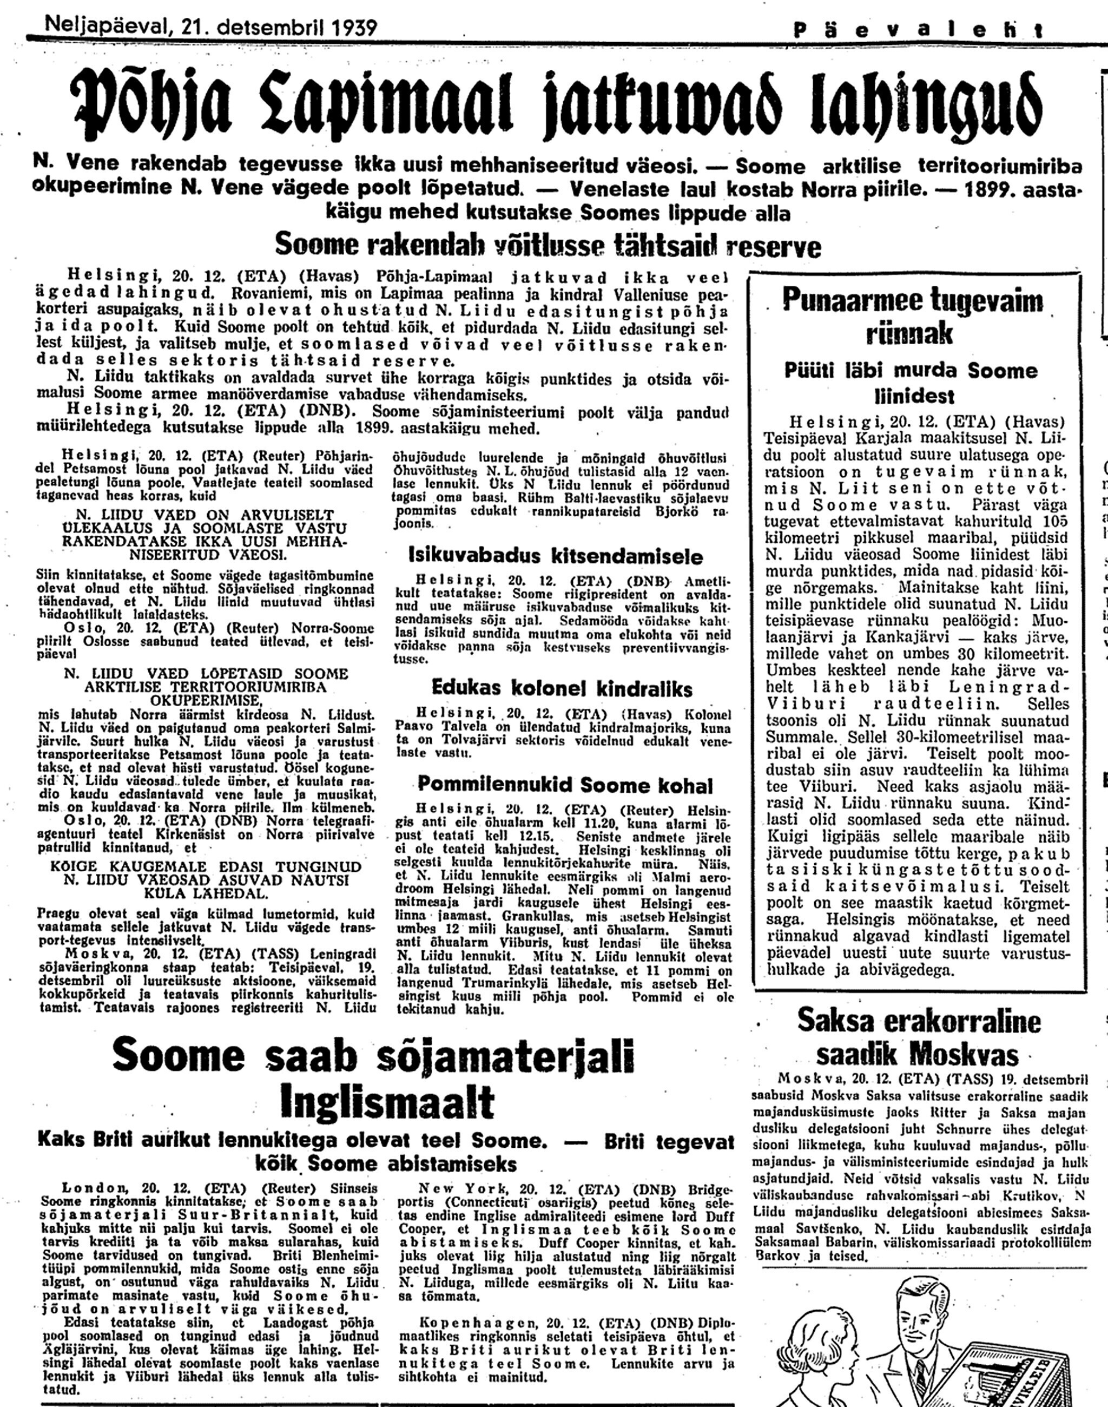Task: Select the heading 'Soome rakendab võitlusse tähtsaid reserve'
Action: point(548,246)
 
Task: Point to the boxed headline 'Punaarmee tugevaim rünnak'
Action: point(912,316)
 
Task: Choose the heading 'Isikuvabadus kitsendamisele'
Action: point(555,556)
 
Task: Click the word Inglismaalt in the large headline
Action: point(387,1101)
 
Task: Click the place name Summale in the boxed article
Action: point(799,737)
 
